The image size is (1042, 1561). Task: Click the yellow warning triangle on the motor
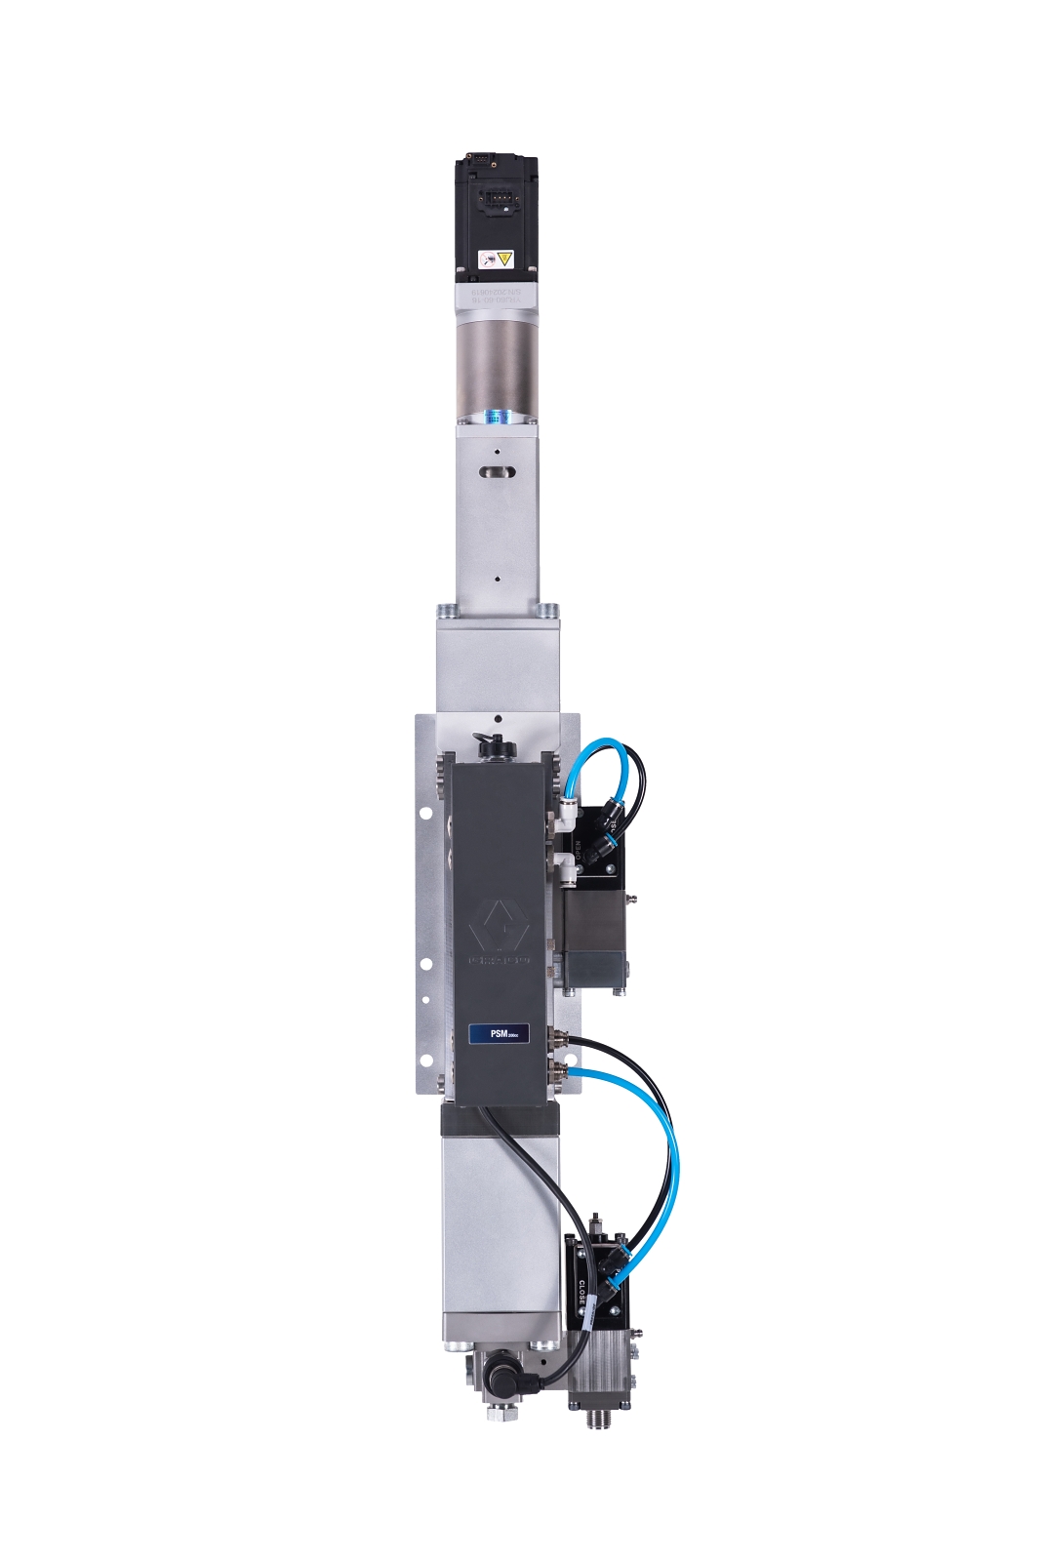click(x=504, y=259)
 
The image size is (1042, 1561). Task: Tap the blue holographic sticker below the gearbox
click(x=497, y=417)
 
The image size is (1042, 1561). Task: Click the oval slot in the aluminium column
click(x=497, y=472)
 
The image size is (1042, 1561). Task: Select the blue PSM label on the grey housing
click(x=498, y=1033)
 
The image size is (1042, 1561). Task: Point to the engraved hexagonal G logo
click(x=498, y=925)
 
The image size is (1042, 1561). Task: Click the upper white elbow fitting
click(x=565, y=809)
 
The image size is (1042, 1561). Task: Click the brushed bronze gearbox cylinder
click(x=497, y=361)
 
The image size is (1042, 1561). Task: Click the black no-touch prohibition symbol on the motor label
click(x=487, y=260)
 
